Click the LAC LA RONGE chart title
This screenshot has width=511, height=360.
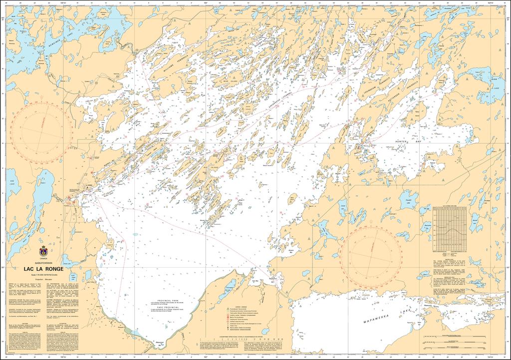pyautogui.click(x=43, y=268)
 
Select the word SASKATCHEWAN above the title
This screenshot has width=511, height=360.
pyautogui.click(x=43, y=262)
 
